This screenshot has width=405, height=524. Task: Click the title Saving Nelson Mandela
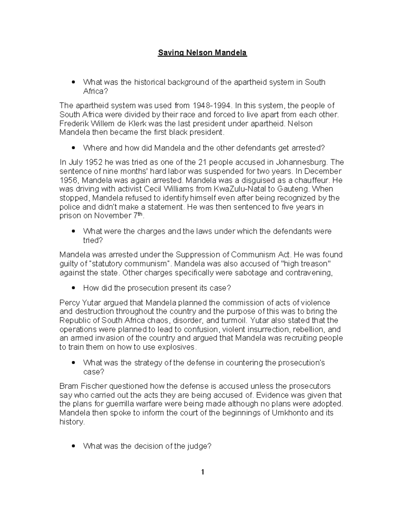tap(202, 53)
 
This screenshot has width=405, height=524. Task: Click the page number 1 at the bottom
tap(202, 472)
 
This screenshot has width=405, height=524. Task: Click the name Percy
tap(70, 303)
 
